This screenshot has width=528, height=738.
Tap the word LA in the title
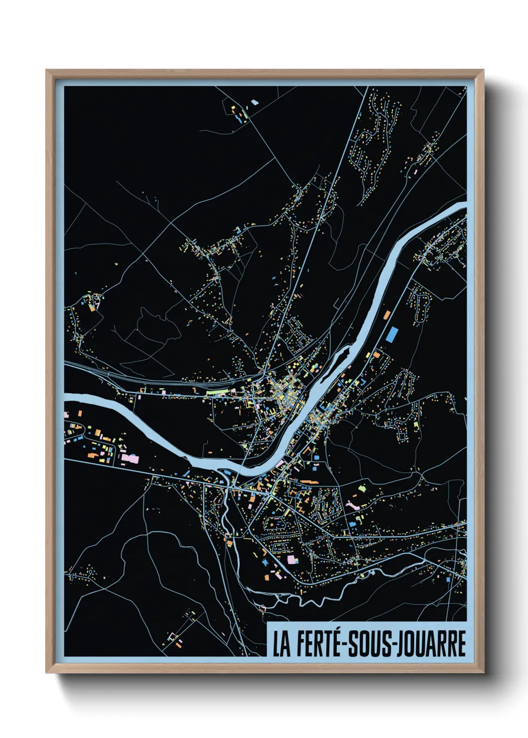[x=281, y=644]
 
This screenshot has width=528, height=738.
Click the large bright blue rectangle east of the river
[x=393, y=334]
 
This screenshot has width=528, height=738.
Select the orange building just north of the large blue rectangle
[x=386, y=315]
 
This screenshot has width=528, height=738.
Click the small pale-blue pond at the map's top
[x=255, y=103]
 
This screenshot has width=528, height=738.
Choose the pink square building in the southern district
[x=291, y=559]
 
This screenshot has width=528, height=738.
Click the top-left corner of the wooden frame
[x=46, y=70]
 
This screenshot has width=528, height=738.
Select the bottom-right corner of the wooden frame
[x=483, y=673]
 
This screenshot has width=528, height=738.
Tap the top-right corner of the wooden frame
[x=483, y=70]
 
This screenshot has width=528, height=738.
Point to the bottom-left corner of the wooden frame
[x=46, y=673]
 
